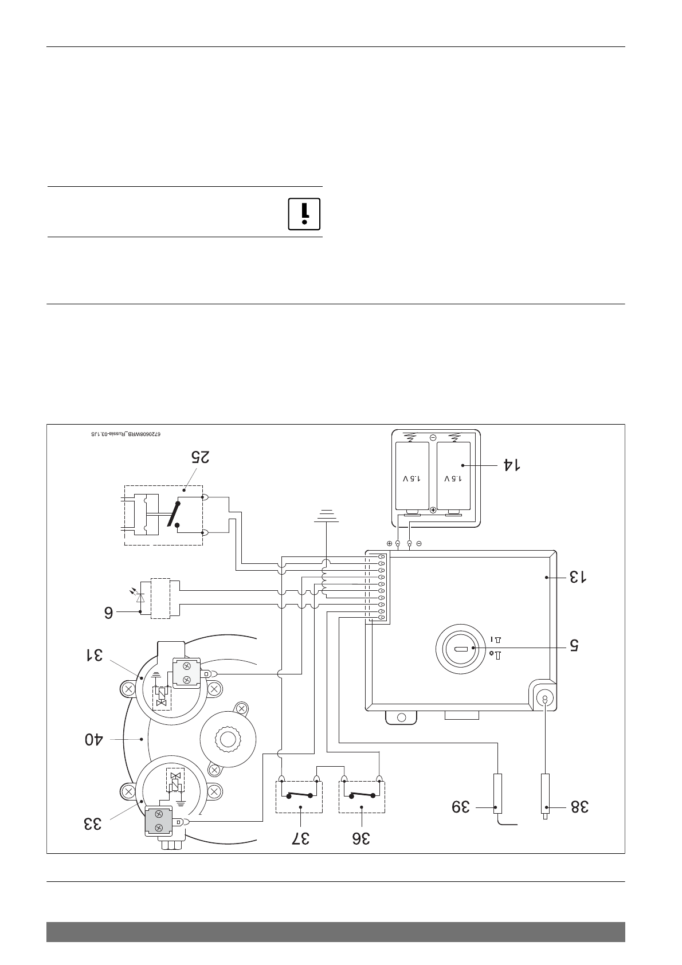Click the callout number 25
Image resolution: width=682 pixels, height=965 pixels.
coord(201,457)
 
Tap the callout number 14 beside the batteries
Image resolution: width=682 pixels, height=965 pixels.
coord(512,465)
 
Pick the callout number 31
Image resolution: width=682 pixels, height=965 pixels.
coord(95,654)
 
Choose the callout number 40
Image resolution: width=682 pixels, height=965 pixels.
coord(94,739)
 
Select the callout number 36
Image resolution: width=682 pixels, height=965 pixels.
coord(361,838)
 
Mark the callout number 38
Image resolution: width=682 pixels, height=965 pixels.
coord(579,807)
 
